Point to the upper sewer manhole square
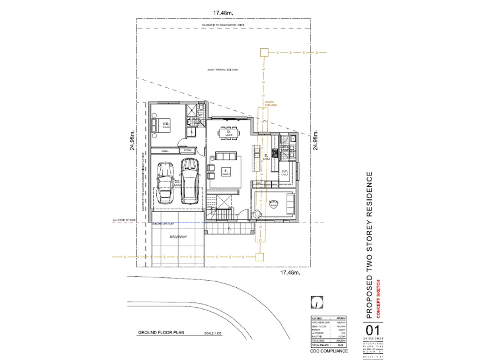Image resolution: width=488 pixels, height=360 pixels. point(264,53)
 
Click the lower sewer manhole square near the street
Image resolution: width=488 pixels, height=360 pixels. point(258,256)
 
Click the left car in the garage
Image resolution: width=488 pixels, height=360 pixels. point(164,182)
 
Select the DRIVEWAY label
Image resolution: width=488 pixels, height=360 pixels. point(179,237)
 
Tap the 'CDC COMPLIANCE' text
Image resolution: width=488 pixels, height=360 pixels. point(329,351)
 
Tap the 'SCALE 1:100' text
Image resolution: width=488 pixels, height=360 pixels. point(213,333)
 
